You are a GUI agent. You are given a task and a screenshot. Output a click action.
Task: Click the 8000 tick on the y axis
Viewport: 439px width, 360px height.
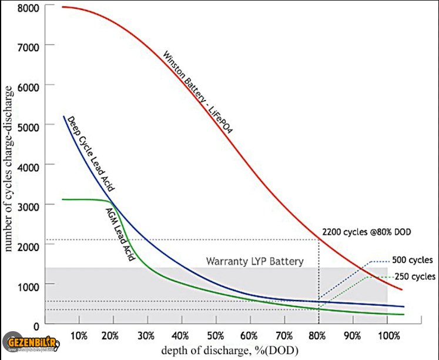point(29,8)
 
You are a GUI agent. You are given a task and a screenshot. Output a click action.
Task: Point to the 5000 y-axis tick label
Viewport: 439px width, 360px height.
point(29,126)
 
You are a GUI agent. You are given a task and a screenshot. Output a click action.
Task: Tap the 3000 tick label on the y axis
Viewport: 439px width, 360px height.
point(29,205)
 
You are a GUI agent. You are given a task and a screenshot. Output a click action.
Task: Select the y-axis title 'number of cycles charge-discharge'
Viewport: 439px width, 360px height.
point(9,168)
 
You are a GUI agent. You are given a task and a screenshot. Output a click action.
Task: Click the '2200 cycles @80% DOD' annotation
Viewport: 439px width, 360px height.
point(367,232)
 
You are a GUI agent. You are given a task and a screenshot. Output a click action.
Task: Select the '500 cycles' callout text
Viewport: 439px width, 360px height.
point(413,259)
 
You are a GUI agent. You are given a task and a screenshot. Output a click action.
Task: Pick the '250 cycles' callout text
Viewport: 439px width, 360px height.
point(415,276)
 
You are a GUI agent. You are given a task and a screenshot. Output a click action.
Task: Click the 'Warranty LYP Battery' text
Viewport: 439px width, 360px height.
point(254,261)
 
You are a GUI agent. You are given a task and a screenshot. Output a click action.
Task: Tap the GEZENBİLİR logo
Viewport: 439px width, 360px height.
point(32,343)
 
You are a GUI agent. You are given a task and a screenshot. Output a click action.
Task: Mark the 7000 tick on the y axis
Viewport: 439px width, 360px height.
point(29,46)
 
